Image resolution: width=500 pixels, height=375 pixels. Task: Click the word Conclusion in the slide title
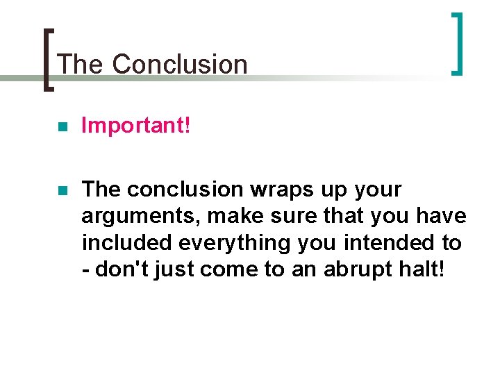click(180, 64)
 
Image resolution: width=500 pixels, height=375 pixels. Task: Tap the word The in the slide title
click(81, 64)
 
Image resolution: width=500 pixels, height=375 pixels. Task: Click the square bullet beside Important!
click(62, 127)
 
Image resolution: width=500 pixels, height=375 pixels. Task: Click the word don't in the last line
click(118, 269)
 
